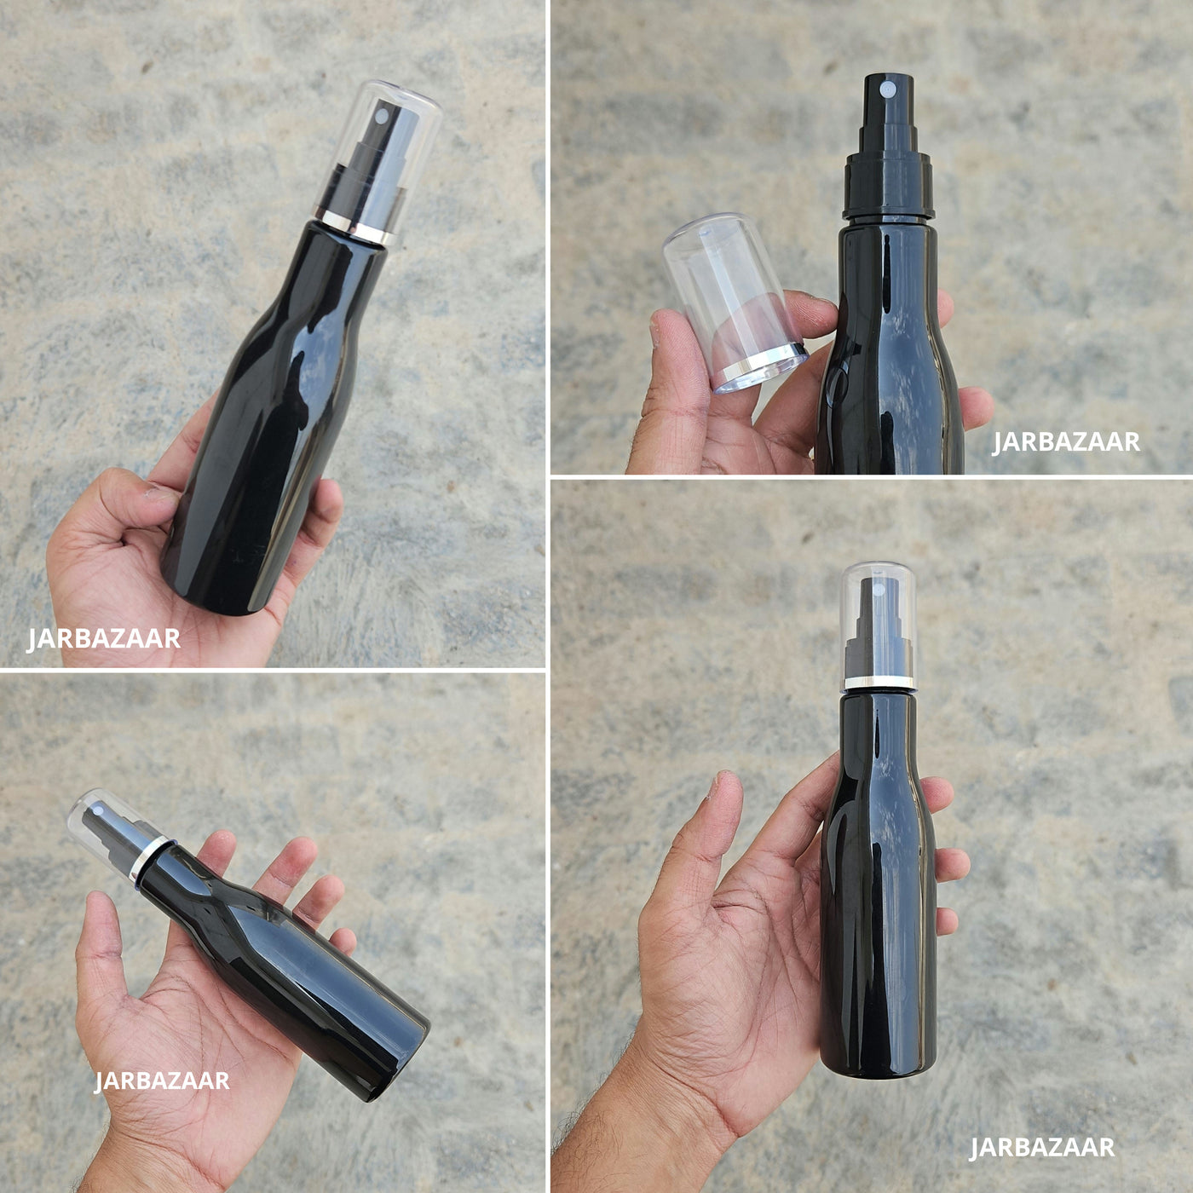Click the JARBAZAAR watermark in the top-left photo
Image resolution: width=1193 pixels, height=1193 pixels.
103,639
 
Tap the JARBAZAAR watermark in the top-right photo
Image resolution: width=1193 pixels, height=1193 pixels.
1066,442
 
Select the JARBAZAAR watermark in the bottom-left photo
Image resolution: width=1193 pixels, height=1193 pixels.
162,1081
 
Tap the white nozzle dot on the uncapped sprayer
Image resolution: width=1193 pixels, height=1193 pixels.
889,89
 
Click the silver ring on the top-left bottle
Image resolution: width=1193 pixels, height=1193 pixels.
355,224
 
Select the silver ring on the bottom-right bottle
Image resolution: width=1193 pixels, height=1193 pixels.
879,683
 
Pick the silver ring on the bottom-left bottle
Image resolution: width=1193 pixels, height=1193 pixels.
148,858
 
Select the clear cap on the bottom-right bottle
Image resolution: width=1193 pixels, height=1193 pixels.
879,626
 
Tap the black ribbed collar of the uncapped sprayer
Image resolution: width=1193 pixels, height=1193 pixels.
889,185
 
